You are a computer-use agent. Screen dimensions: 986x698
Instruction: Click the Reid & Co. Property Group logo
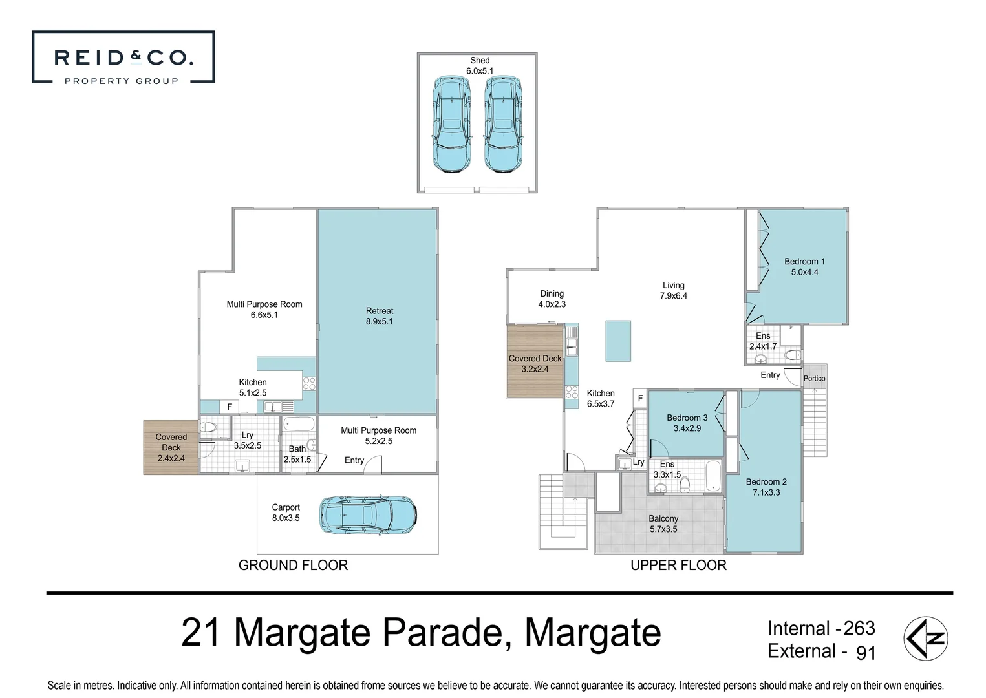pyautogui.click(x=123, y=57)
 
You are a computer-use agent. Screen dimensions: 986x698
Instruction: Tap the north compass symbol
pyautogui.click(x=925, y=638)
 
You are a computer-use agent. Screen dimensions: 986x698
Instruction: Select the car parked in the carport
pyautogui.click(x=368, y=514)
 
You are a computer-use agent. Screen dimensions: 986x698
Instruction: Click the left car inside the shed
pyautogui.click(x=452, y=123)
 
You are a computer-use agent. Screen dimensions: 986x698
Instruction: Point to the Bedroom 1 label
pyautogui.click(x=804, y=267)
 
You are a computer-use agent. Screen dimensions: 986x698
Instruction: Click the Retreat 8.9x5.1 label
pyautogui.click(x=379, y=316)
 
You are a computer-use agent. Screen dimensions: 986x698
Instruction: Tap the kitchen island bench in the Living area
pyautogui.click(x=618, y=341)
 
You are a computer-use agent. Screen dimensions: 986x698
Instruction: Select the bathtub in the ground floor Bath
pyautogui.click(x=299, y=424)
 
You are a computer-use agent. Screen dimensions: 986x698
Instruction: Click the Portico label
pyautogui.click(x=814, y=379)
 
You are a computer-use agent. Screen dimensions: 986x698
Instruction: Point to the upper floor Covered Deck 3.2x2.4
pyautogui.click(x=535, y=362)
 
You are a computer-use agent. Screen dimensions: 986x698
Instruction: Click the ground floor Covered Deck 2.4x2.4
pyautogui.click(x=171, y=447)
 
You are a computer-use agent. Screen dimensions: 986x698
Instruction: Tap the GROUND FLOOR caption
pyautogui.click(x=293, y=565)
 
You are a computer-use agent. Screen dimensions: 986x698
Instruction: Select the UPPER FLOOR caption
pyautogui.click(x=678, y=565)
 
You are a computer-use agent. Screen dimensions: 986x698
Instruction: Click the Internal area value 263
pyautogui.click(x=859, y=628)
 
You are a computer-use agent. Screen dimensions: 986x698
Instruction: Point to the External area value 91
pyautogui.click(x=866, y=653)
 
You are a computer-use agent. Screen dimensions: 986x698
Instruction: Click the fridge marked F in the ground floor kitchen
pyautogui.click(x=230, y=407)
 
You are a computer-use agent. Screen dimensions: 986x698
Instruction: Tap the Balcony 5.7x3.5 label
pyautogui.click(x=663, y=523)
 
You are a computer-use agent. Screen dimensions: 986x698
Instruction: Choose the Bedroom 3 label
pyautogui.click(x=687, y=423)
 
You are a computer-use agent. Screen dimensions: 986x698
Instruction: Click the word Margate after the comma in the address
pyautogui.click(x=592, y=633)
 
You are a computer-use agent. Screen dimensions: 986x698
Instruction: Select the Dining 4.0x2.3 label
pyautogui.click(x=552, y=299)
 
